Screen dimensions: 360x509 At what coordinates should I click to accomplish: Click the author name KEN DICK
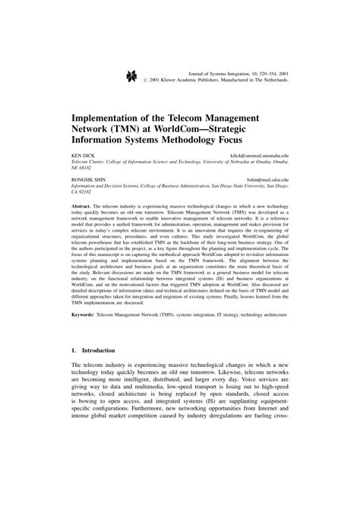(x=83, y=156)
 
